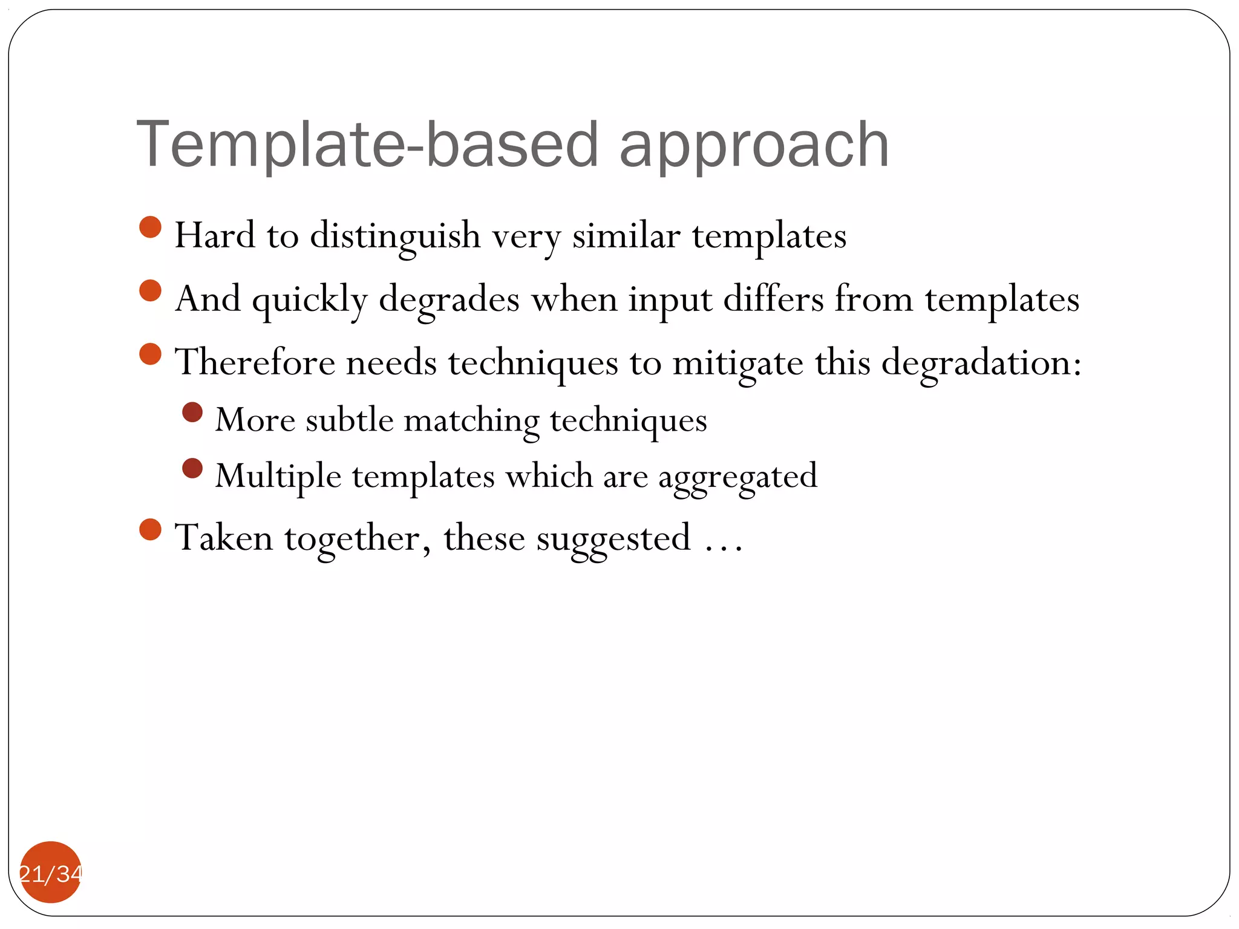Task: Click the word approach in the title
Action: click(x=754, y=145)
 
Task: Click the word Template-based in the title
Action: click(x=367, y=145)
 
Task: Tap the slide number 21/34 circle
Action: click(x=51, y=872)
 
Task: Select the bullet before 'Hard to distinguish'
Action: click(x=150, y=227)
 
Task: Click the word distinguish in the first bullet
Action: click(x=395, y=236)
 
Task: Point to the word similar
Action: click(x=626, y=235)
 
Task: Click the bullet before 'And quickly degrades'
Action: click(x=150, y=290)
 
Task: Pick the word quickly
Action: click(x=309, y=299)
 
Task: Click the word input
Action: click(x=670, y=300)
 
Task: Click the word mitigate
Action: click(x=737, y=363)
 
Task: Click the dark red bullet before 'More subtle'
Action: click(x=192, y=412)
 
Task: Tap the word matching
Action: click(x=471, y=420)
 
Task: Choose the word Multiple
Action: click(x=278, y=477)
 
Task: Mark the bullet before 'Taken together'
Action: click(x=150, y=529)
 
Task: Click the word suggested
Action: click(x=613, y=538)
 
